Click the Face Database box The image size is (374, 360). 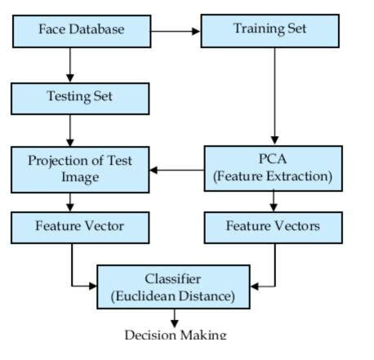81,30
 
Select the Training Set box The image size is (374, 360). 269,30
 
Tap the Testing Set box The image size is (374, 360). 80,98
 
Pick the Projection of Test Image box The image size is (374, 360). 80,169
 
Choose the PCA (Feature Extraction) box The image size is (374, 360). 273,167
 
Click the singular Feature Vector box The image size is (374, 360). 80,226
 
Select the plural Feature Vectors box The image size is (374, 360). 273,226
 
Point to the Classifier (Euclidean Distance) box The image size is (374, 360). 173,287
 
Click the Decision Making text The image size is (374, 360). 175,335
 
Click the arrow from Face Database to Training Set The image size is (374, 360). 175,31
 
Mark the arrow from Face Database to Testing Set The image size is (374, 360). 70,64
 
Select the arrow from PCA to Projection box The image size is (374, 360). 176,171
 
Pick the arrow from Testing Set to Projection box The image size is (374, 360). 70,130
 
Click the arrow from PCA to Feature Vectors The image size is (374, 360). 273,201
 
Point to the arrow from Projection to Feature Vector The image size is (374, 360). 70,202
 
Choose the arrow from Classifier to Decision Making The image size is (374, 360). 174,318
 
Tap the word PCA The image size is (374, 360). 273,158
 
